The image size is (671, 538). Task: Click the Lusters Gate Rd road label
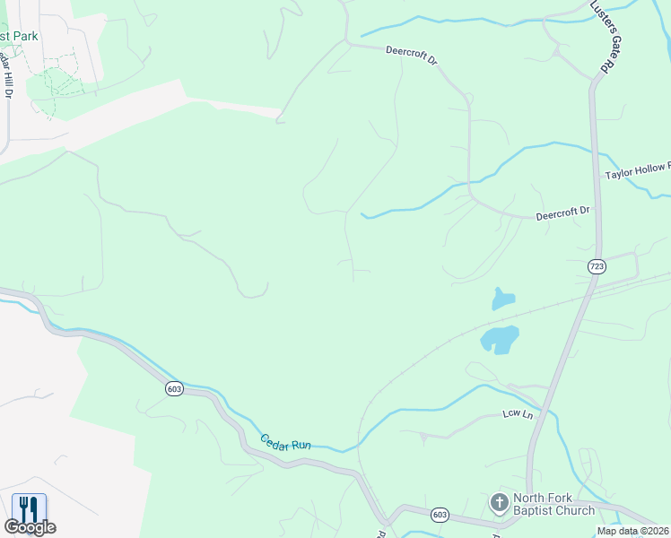pyautogui.click(x=606, y=37)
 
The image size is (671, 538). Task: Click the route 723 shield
pyautogui.click(x=597, y=266)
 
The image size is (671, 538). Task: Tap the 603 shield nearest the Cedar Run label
pyautogui.click(x=174, y=388)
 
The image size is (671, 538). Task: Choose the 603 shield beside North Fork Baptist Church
pyautogui.click(x=440, y=515)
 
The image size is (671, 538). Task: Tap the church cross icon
pyautogui.click(x=499, y=502)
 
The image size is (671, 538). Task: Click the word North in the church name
pyautogui.click(x=530, y=499)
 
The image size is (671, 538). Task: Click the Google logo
pyautogui.click(x=30, y=528)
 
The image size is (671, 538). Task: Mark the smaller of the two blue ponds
pyautogui.click(x=503, y=299)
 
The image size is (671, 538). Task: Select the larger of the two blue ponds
pyautogui.click(x=500, y=339)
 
